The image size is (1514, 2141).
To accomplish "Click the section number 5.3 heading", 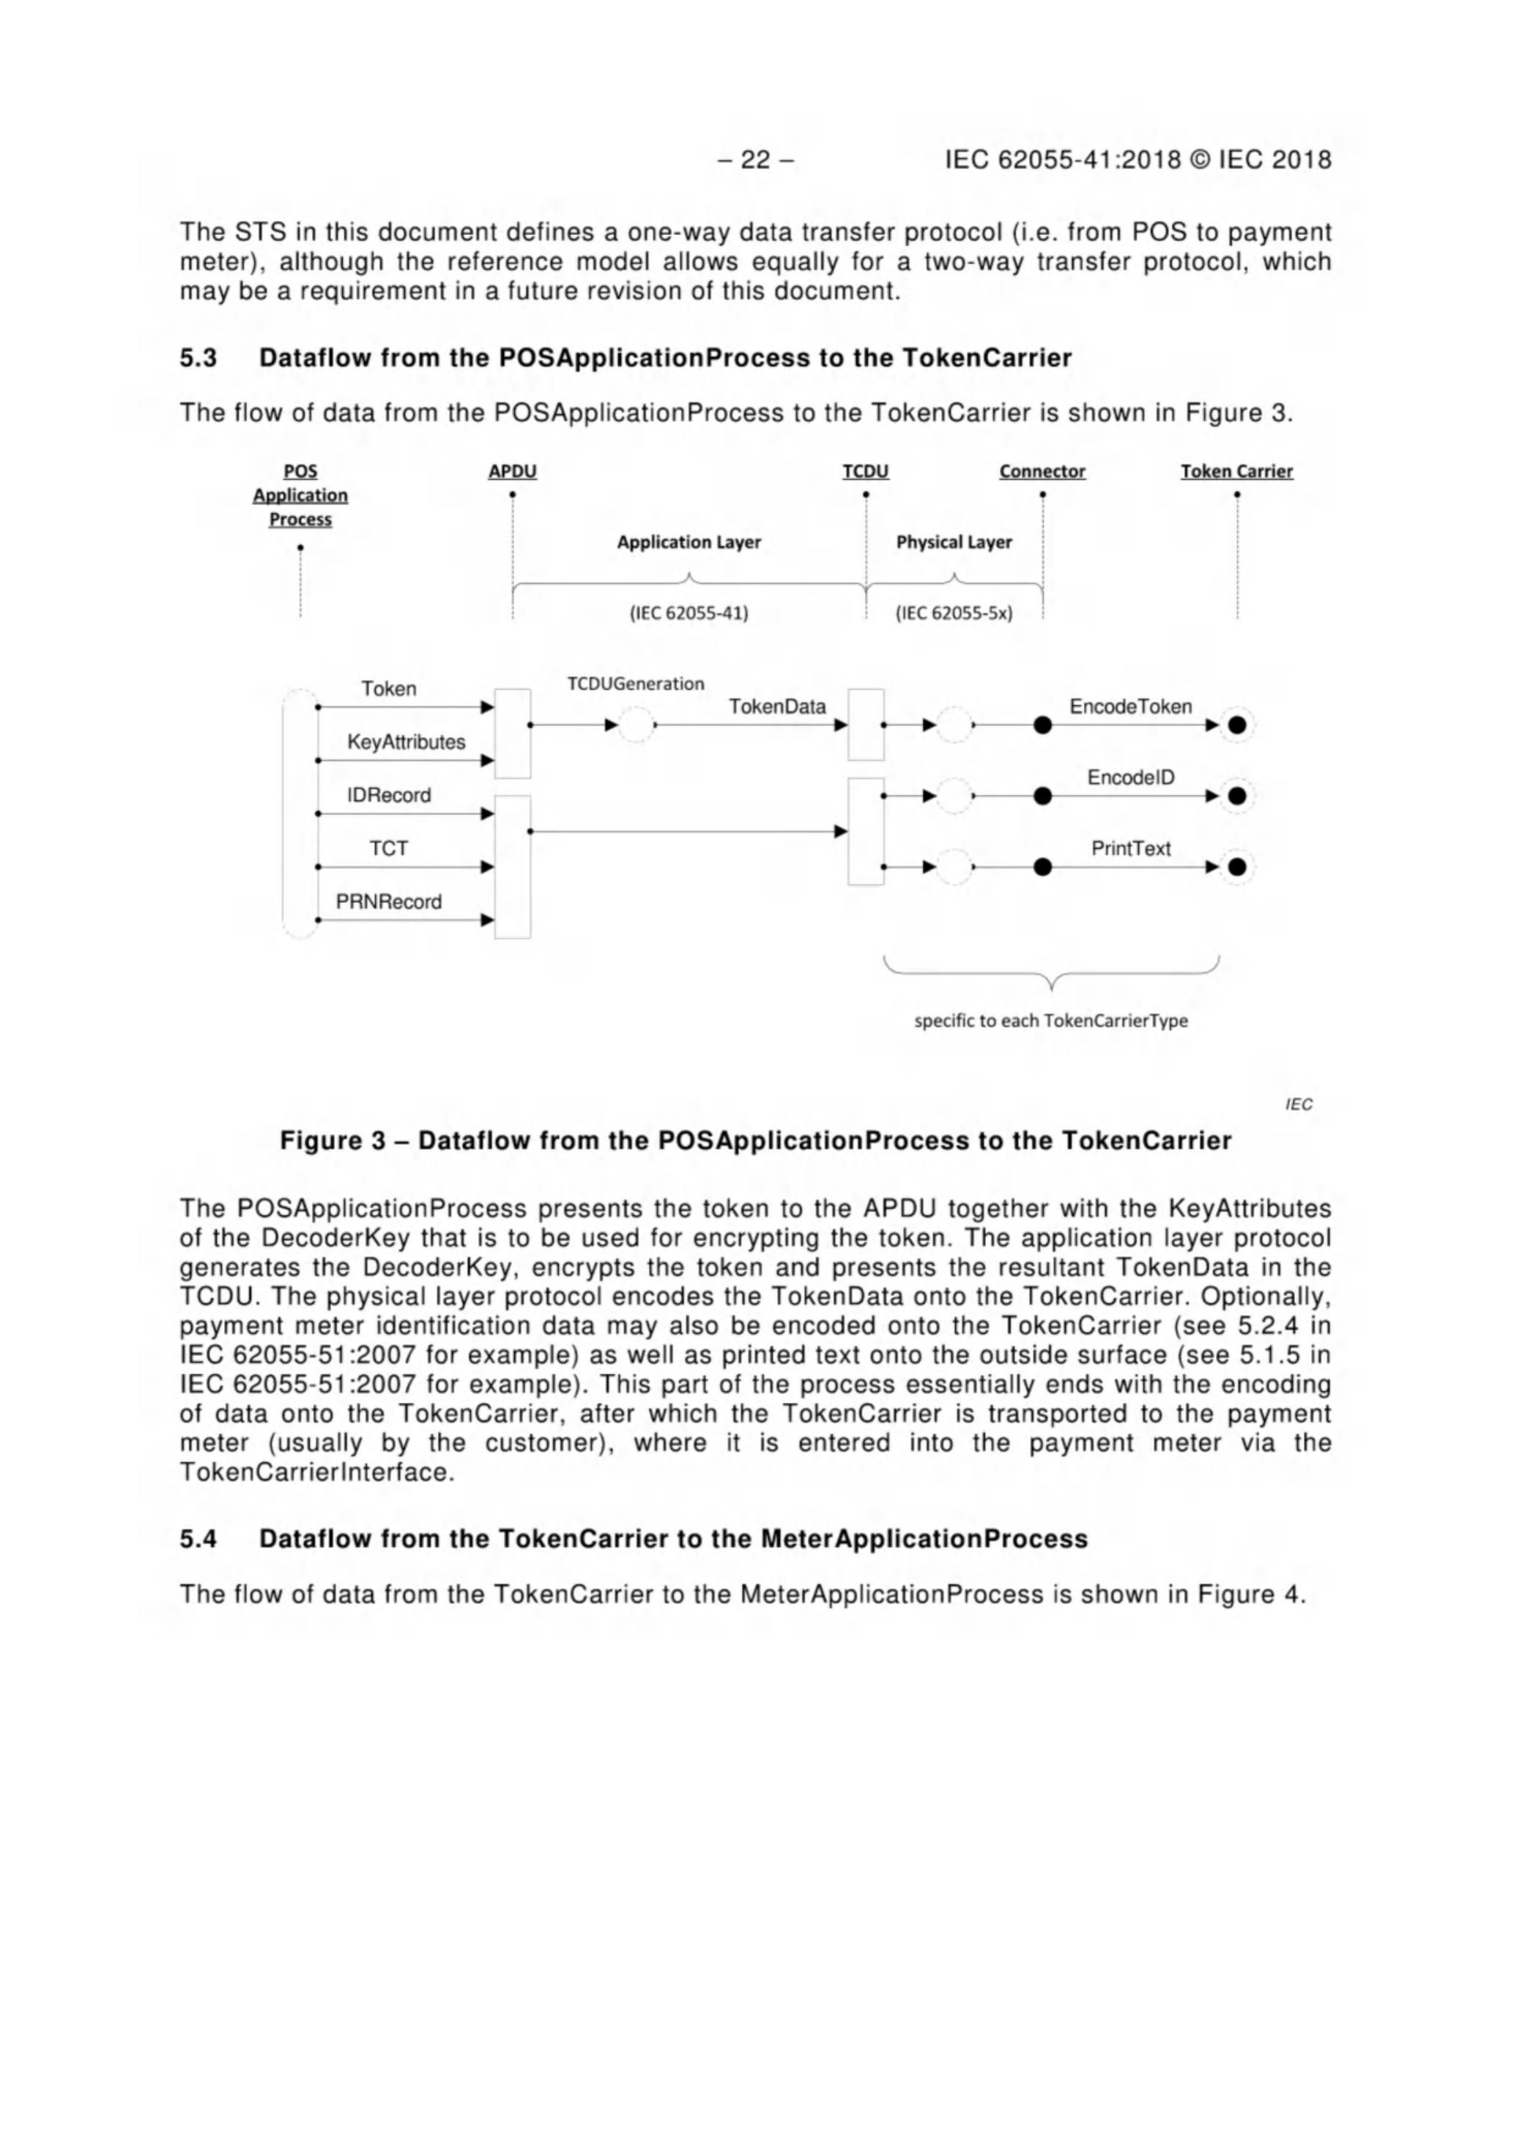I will pos(198,358).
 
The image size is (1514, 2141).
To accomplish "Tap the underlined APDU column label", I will pos(512,472).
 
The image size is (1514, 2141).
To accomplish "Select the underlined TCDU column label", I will pos(865,472).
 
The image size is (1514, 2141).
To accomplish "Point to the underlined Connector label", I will pos(1042,472).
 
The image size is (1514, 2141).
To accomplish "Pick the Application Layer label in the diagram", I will pos(689,543).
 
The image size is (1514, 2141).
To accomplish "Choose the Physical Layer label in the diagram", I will pos(954,543).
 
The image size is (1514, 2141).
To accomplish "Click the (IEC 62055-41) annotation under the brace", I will pos(689,613).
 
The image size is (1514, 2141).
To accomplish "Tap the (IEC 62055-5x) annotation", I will pos(954,613).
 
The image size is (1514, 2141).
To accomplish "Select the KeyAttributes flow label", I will pos(406,742).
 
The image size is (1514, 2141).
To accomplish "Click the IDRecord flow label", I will pos(389,795).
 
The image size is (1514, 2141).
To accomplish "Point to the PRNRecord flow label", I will pos(389,901).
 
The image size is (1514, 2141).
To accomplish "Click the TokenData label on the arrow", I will pos(777,707).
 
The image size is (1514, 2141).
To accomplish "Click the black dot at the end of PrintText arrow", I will pos(1237,867).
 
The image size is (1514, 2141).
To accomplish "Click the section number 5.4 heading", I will pos(198,1538).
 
